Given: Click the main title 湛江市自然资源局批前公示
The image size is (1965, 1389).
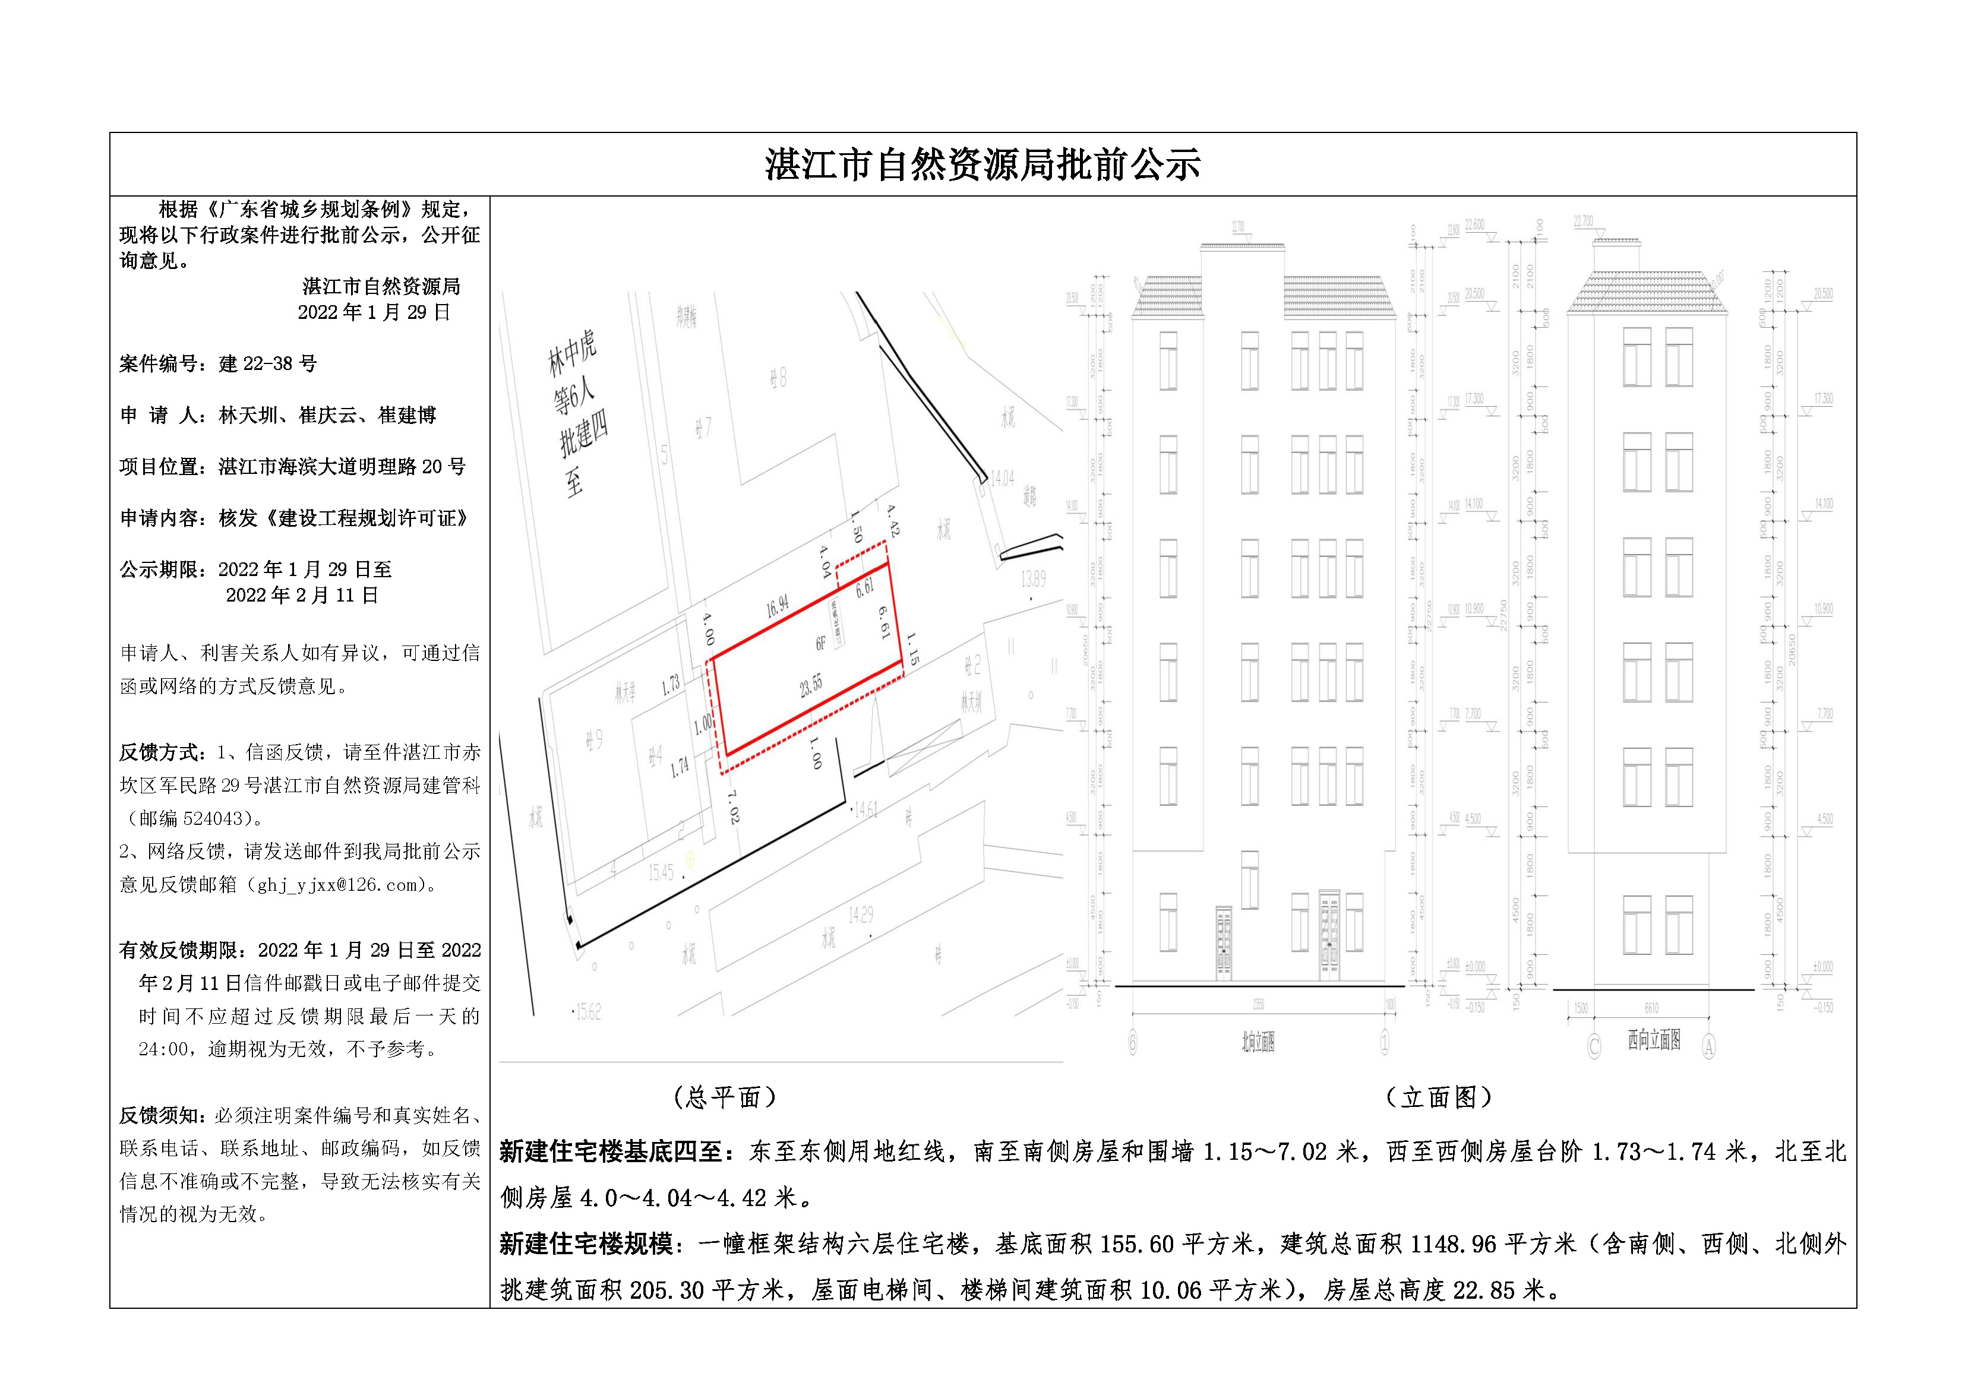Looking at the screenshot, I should [x=982, y=165].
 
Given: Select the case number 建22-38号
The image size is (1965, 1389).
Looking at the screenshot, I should [x=267, y=363].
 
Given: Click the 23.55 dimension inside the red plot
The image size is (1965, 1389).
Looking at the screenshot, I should [x=810, y=685].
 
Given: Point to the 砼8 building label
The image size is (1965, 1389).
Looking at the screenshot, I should [x=777, y=376].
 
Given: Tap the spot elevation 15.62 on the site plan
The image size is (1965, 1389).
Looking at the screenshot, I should [x=587, y=1013].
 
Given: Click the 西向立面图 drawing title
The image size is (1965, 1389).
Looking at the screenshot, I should [x=1654, y=1040].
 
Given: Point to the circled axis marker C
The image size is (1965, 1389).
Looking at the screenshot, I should [x=1594, y=1046].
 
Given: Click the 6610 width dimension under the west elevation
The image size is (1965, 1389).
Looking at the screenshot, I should [x=1651, y=1008].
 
